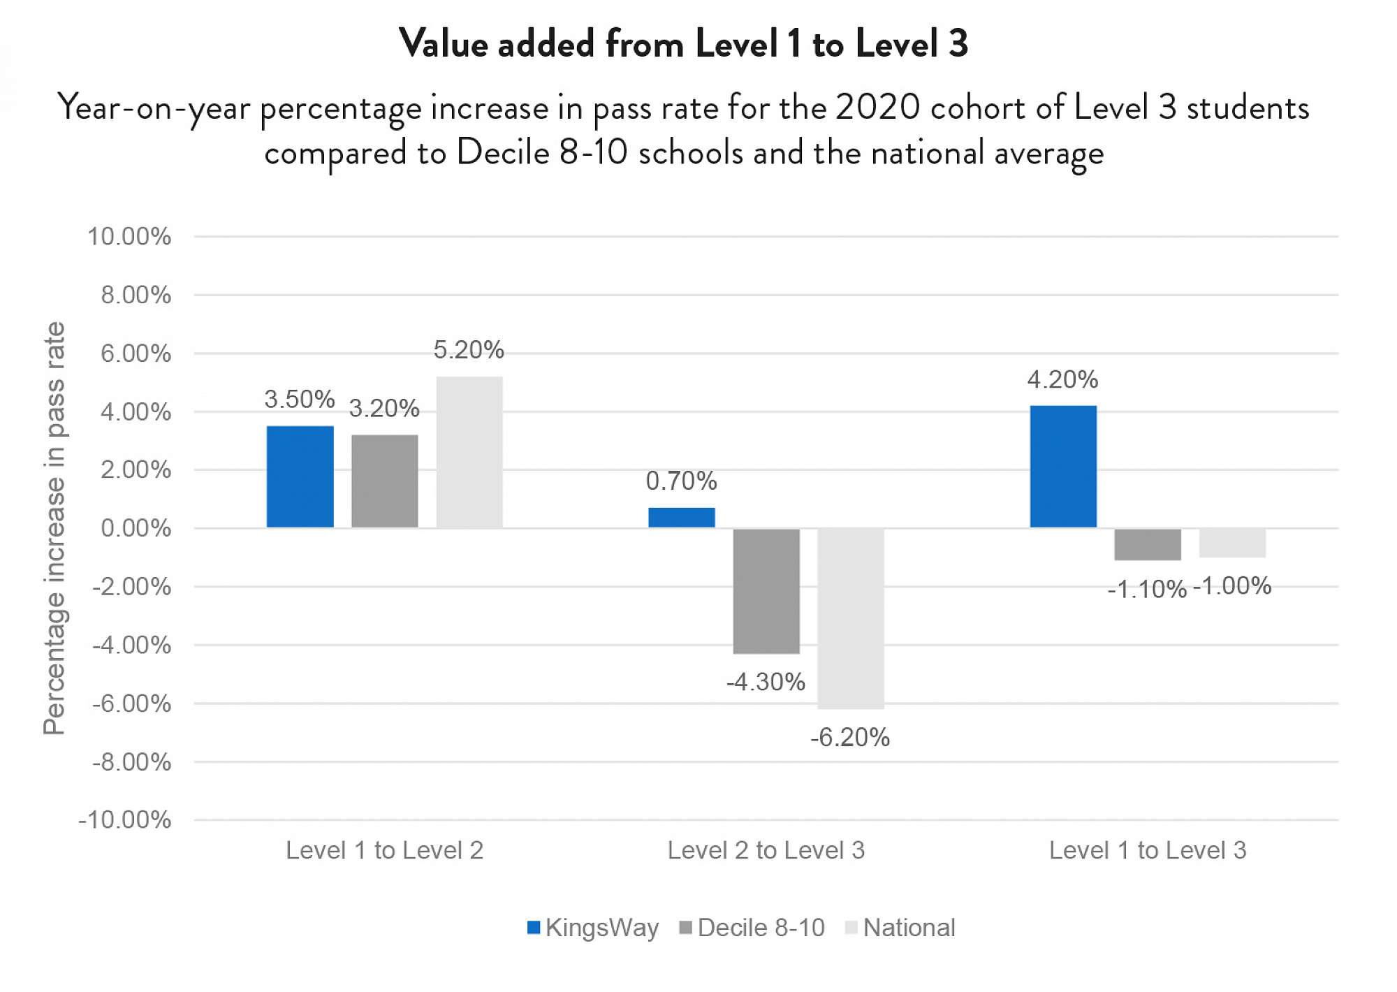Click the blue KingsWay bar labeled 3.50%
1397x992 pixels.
pos(300,476)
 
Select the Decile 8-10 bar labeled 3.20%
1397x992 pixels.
pos(385,481)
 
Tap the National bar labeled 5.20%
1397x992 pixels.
pos(469,452)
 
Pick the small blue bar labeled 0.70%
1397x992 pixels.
pos(682,518)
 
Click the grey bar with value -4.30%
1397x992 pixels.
pos(766,591)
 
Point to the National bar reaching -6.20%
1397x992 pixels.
pos(851,618)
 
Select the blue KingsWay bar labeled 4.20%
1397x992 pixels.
pos(1063,467)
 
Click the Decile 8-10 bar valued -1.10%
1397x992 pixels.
pos(1148,544)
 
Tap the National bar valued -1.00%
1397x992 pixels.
pos(1232,543)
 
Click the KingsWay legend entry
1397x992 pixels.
pos(593,928)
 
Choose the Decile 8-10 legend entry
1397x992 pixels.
pos(752,928)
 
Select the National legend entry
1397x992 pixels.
pos(900,928)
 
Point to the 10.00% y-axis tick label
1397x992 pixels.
pos(129,237)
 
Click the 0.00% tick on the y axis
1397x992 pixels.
pos(136,528)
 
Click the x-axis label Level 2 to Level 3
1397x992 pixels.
pos(766,850)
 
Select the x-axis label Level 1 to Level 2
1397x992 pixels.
pos(385,850)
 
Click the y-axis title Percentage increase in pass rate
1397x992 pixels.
pos(54,528)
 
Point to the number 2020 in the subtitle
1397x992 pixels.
pos(878,108)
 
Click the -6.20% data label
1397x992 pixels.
pos(850,738)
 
